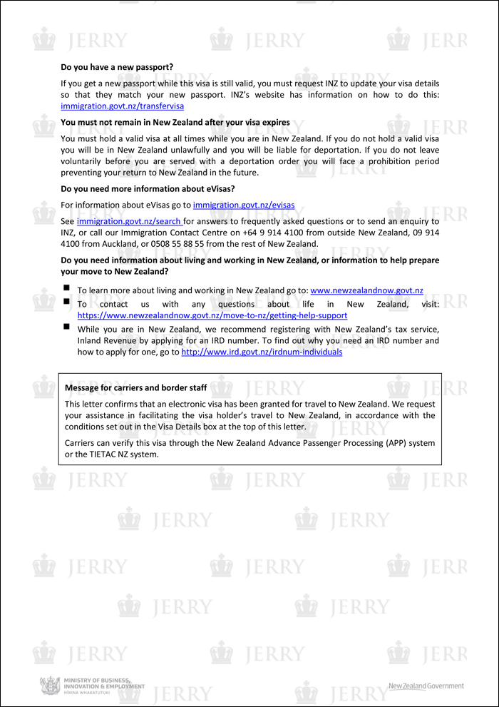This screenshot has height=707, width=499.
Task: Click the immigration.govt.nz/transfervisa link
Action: [x=123, y=106]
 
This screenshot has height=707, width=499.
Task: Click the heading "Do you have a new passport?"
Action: [x=117, y=68]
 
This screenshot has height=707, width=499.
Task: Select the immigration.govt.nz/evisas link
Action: [x=243, y=205]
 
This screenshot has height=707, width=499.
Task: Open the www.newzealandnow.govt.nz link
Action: [x=366, y=290]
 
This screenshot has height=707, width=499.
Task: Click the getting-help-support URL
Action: [x=212, y=315]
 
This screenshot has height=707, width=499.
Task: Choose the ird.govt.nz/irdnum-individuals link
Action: [x=262, y=352]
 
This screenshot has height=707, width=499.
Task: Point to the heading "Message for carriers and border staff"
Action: [x=136, y=388]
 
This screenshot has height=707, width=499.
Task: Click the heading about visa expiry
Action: [x=175, y=123]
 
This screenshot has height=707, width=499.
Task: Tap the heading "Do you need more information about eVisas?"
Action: [x=148, y=189]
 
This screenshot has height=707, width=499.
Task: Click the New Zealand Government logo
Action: [x=426, y=686]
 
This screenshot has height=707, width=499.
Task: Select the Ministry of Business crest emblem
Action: [x=50, y=686]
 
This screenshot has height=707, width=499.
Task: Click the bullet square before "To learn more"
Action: [x=66, y=289]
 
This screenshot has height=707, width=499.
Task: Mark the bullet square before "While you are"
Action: [x=66, y=327]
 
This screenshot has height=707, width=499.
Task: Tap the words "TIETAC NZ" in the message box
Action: [x=103, y=454]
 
